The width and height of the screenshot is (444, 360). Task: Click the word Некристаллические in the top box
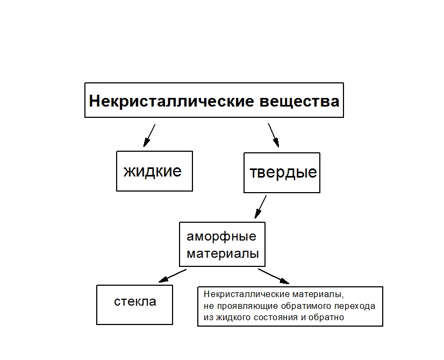(172, 101)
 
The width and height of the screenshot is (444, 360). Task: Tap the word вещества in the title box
(300, 101)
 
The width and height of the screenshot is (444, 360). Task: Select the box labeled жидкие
(154, 171)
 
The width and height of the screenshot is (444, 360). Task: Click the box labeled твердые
(282, 173)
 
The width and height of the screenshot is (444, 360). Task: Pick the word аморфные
(221, 236)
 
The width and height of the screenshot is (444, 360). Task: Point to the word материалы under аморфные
(223, 253)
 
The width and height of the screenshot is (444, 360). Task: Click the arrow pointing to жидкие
(149, 136)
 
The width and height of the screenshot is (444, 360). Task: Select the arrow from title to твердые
(274, 135)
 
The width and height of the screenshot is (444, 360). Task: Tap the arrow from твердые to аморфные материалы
(261, 206)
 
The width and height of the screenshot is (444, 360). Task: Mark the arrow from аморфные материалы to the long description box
(274, 276)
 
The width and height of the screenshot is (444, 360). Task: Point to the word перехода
(356, 306)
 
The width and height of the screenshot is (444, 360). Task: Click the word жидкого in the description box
(232, 317)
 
